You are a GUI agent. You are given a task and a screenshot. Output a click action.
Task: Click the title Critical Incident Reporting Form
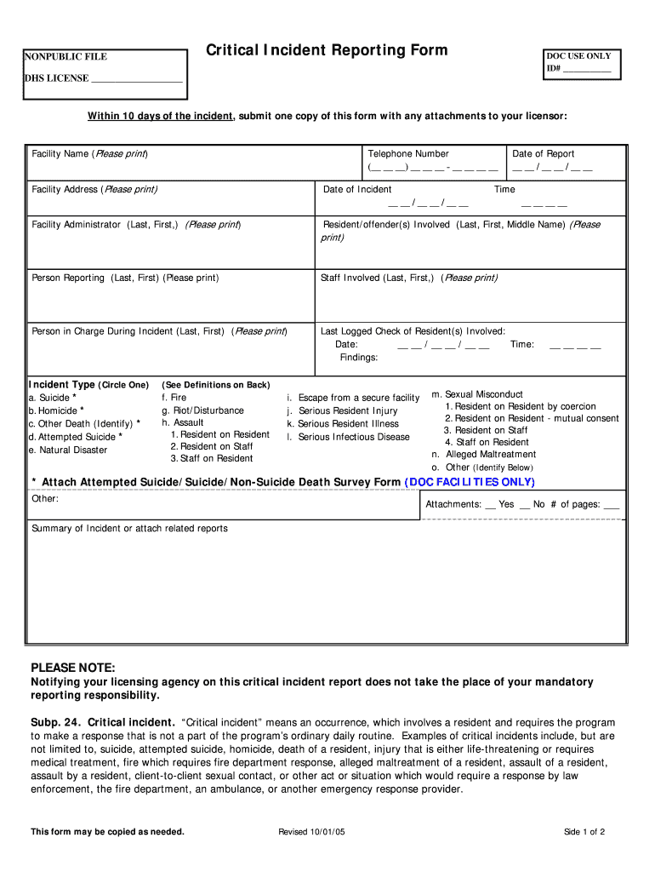coord(327,51)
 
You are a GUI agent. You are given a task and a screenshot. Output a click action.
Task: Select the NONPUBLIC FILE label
coord(65,57)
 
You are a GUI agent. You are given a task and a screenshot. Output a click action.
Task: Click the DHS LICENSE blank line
coord(136,79)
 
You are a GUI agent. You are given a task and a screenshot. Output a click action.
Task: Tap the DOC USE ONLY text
coord(578,56)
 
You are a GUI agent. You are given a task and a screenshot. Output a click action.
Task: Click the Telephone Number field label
coord(408,154)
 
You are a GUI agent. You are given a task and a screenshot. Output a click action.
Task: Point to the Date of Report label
coord(544,154)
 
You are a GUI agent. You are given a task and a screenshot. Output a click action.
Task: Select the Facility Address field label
coord(94,189)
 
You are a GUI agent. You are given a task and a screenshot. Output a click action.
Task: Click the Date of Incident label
coord(357,189)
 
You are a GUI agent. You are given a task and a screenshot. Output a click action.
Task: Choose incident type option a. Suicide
coord(53,398)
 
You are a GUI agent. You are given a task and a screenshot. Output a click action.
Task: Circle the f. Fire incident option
coord(174,398)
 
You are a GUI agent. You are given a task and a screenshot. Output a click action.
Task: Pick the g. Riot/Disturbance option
coord(202,410)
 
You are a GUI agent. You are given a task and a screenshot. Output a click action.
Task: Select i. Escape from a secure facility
coord(353,398)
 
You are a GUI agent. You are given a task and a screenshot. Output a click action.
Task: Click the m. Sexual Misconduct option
coord(477,394)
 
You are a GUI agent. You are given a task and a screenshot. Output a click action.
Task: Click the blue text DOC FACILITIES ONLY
coord(470,482)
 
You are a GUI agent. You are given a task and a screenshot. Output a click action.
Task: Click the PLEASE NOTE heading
coord(72,667)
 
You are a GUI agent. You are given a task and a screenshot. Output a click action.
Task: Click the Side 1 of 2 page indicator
coord(584,832)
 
